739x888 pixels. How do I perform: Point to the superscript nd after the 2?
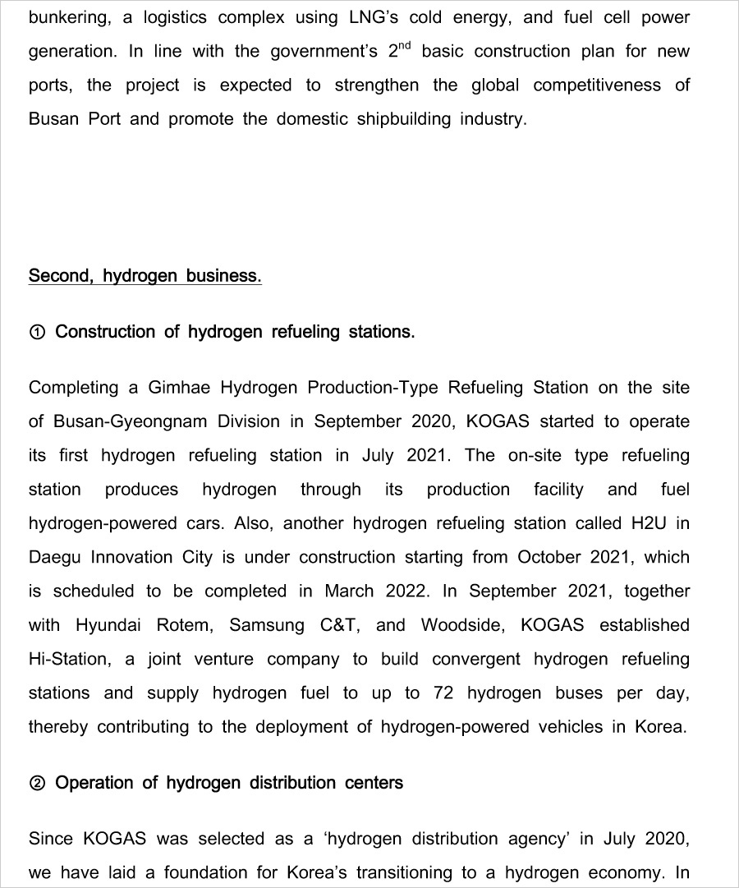(x=405, y=45)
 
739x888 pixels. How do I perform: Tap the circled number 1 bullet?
(x=37, y=333)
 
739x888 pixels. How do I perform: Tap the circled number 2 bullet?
(x=37, y=784)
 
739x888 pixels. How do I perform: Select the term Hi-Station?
(x=70, y=659)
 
